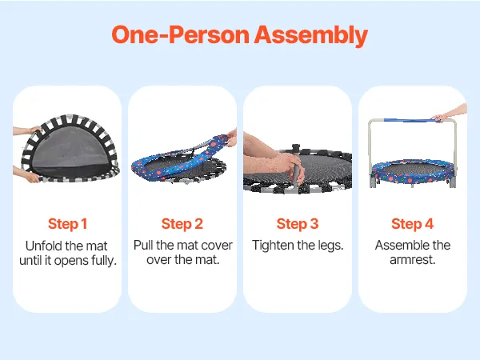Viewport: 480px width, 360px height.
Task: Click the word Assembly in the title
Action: [x=310, y=35]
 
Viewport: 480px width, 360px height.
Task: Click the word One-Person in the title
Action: [x=181, y=34]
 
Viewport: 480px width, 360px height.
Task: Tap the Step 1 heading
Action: [x=68, y=224]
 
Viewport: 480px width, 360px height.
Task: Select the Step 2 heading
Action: [x=182, y=224]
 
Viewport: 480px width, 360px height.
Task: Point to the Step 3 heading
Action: [x=298, y=224]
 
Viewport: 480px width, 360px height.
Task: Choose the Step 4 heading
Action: [x=412, y=224]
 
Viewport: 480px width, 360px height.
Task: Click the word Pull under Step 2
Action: [x=143, y=246]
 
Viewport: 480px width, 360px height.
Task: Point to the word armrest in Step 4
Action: [x=412, y=260]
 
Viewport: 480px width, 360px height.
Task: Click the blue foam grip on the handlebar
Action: [x=408, y=120]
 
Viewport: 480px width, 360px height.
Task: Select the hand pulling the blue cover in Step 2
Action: [x=231, y=138]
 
